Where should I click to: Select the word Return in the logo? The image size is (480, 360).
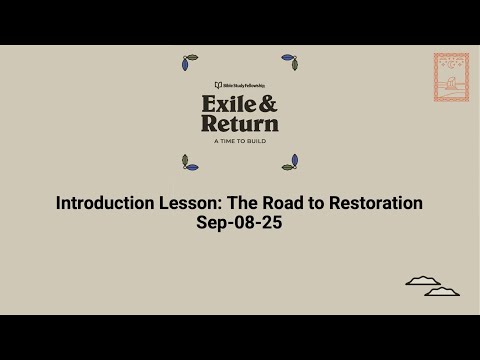coord(240,124)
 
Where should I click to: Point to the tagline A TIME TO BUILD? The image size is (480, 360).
coord(240,141)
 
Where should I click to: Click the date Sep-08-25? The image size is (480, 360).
coord(240,222)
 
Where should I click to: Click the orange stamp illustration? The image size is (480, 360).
coord(451,77)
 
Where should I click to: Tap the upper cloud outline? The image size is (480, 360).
coord(423,281)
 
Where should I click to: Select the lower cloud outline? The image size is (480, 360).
coord(442,291)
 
